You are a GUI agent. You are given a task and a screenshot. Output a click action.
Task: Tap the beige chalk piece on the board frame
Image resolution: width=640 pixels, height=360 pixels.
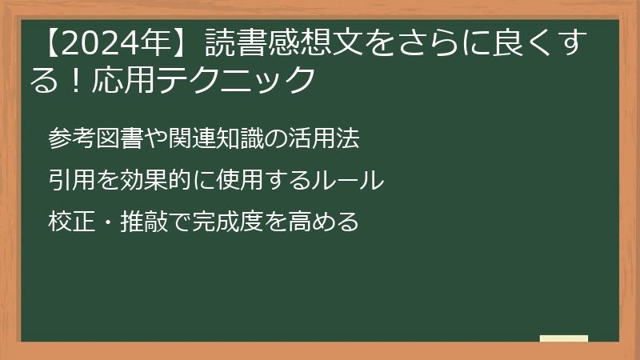tap(563, 338)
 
